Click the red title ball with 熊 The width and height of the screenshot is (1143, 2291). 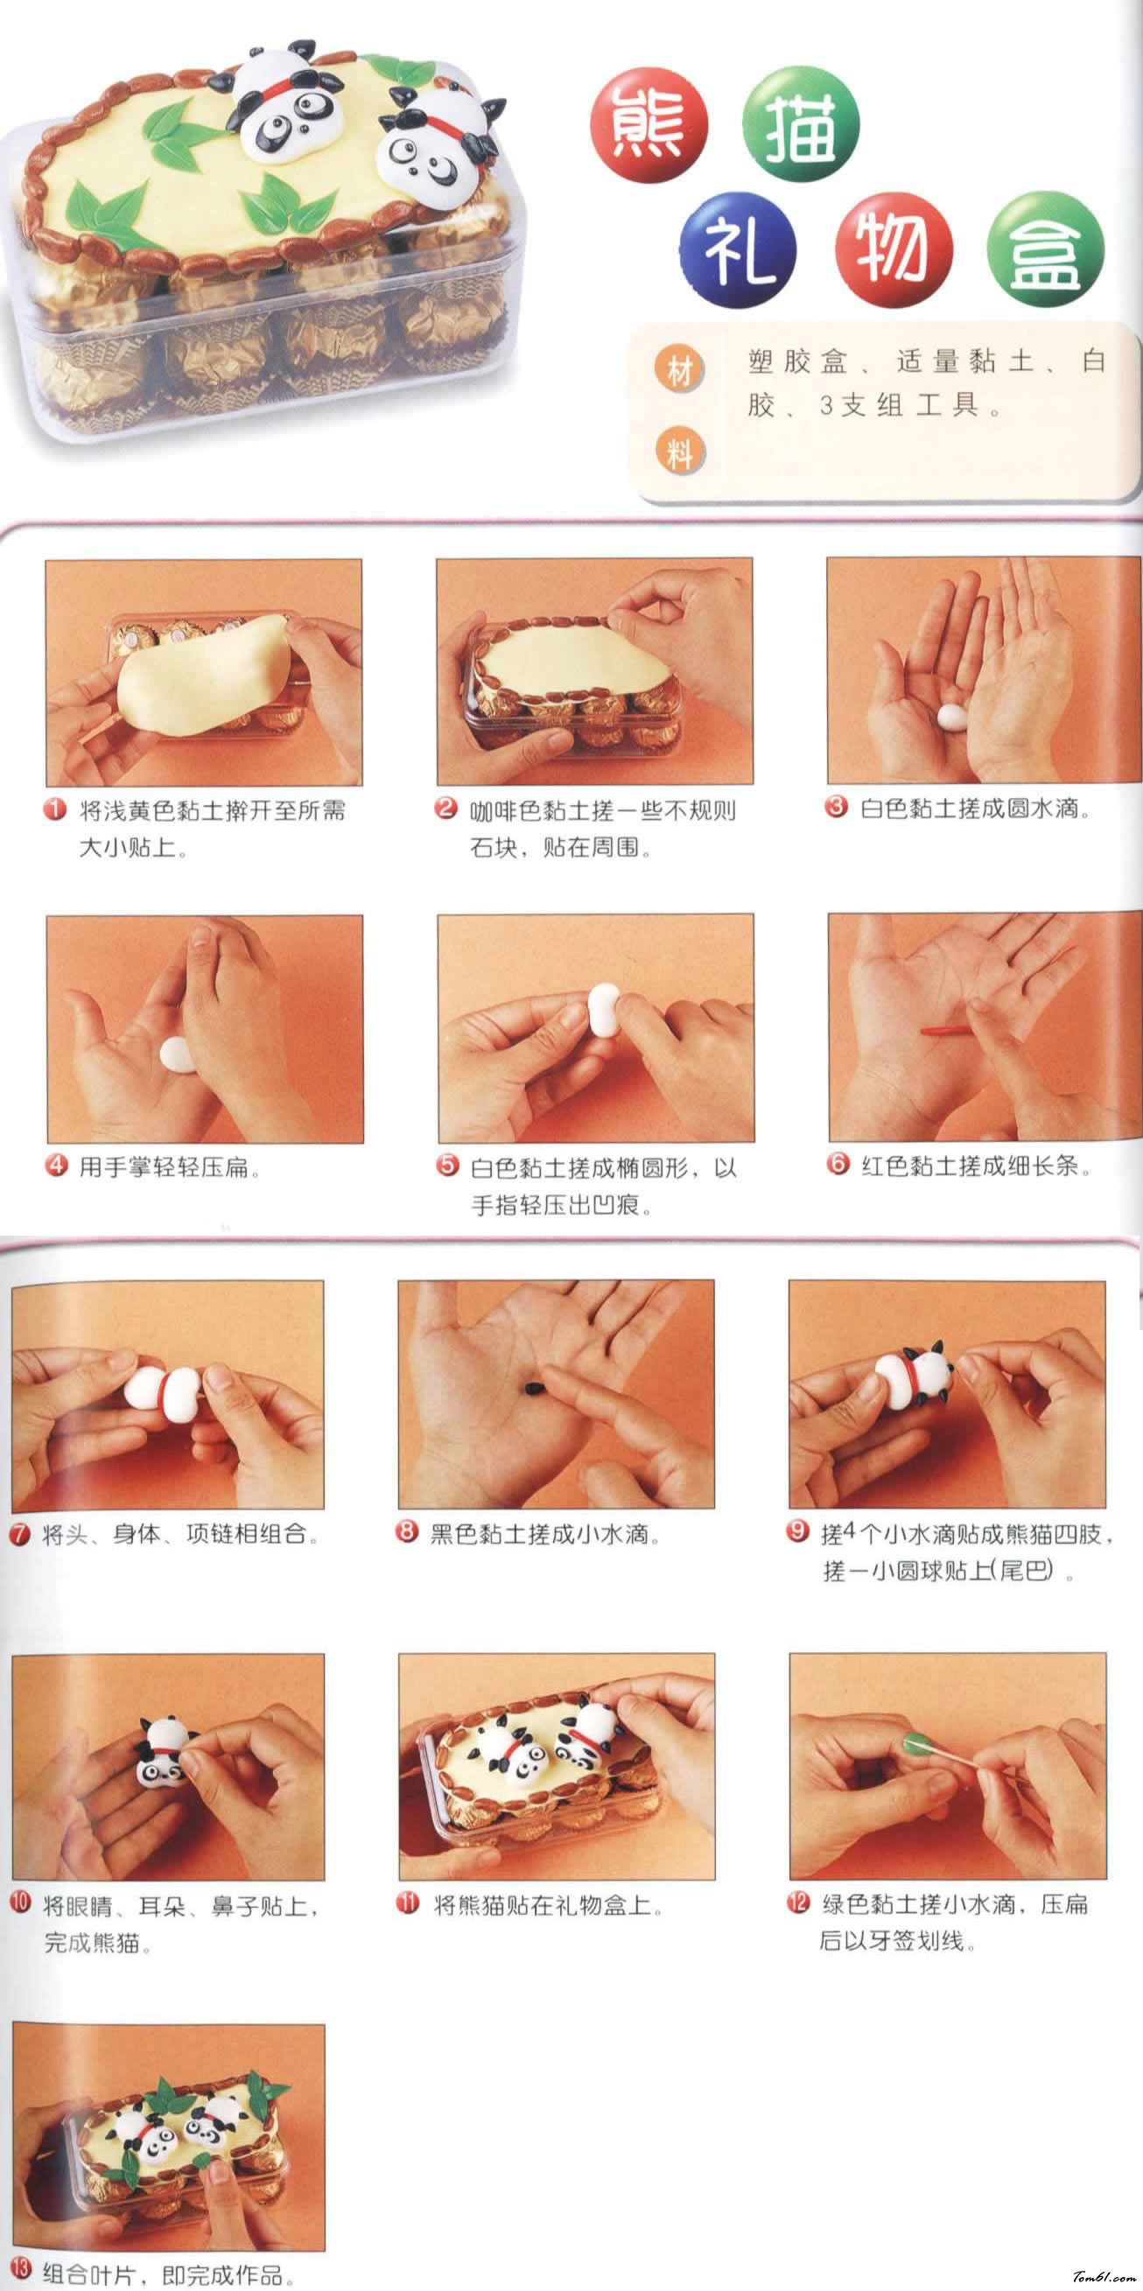tap(649, 125)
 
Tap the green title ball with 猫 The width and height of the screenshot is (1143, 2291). tap(801, 125)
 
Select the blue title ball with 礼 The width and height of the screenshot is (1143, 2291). tap(738, 251)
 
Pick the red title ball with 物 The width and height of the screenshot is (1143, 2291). tap(893, 251)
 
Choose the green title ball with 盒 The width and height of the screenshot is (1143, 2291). tap(1045, 251)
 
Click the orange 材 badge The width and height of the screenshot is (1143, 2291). tap(679, 370)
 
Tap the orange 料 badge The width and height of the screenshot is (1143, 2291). tap(679, 452)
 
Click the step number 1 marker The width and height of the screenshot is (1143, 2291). tap(55, 809)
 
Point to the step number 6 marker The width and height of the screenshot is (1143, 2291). tap(838, 1164)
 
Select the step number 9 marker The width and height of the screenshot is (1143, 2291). tap(798, 1531)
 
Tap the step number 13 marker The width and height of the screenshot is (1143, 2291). tap(20, 2269)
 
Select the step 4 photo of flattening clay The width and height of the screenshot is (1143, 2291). tap(205, 1029)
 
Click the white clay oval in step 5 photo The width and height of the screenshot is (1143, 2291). tap(605, 1011)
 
